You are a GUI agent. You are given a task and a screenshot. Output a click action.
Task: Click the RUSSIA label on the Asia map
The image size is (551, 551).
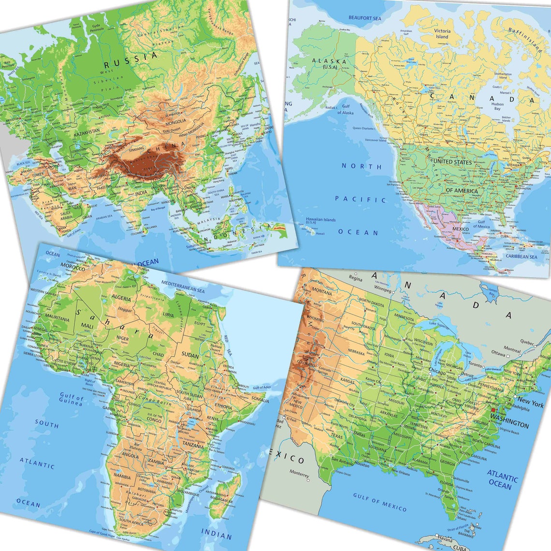(131, 60)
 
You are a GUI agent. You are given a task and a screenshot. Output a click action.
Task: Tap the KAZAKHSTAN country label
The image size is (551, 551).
(87, 131)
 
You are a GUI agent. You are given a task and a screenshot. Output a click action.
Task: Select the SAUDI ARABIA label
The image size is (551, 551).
(72, 215)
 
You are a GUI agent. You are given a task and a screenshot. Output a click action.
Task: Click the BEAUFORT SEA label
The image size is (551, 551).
(365, 18)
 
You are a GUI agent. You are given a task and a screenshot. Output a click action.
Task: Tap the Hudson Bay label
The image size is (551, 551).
(497, 107)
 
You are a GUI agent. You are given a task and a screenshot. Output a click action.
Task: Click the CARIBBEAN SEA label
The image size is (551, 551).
(521, 257)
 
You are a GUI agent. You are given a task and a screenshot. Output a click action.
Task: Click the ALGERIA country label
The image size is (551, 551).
(121, 298)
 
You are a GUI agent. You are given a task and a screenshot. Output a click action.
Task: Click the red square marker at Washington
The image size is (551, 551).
(493, 410)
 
